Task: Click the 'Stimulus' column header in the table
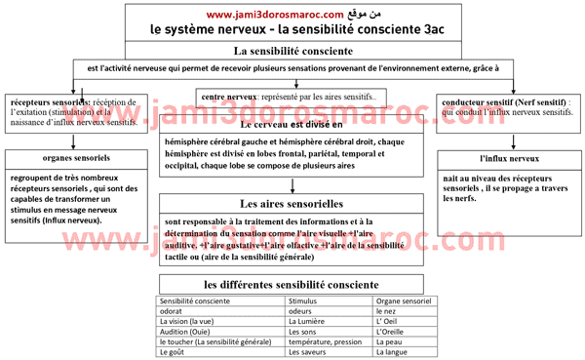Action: click(305, 301)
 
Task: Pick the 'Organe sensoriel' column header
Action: click(404, 301)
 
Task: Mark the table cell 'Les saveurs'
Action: click(311, 352)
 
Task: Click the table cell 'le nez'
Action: click(387, 311)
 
